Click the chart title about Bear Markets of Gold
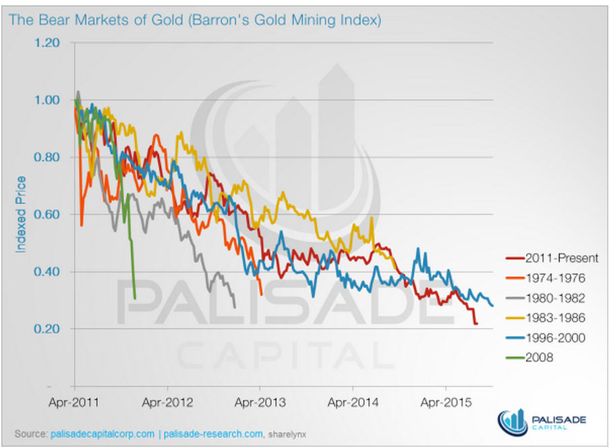(x=195, y=20)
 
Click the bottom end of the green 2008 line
(x=135, y=298)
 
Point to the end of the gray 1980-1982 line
(x=235, y=307)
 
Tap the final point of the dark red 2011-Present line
(x=477, y=325)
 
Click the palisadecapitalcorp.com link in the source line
(x=102, y=432)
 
